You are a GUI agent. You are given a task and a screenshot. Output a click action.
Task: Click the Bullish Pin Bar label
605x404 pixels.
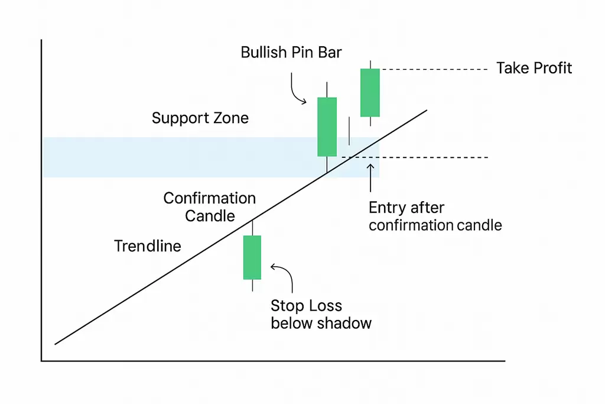(291, 52)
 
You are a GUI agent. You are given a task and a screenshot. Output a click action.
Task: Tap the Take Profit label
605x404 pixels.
(534, 68)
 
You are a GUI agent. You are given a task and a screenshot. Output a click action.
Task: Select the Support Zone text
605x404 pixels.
(200, 118)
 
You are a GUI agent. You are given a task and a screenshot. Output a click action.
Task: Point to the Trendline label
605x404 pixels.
(148, 246)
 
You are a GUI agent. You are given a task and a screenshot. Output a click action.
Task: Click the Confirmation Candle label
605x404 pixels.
(210, 206)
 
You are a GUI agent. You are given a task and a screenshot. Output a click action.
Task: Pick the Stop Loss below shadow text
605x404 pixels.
(321, 315)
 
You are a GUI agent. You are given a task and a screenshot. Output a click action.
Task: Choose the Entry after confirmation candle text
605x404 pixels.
(435, 216)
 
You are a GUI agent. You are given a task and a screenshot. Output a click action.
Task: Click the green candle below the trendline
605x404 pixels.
(252, 257)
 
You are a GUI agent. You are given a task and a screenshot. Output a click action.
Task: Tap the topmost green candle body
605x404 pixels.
(370, 92)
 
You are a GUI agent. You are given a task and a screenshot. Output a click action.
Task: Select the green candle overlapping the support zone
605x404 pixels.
(327, 127)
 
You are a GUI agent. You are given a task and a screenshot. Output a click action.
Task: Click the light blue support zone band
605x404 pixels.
(177, 157)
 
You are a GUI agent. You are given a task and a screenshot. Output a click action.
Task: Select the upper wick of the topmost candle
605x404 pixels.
(370, 64)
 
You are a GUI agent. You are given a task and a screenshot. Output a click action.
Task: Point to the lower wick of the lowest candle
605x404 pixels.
(252, 285)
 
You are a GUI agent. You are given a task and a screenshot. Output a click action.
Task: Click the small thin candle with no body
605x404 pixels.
(349, 131)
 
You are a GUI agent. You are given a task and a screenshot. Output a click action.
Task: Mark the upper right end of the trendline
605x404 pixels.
(425, 110)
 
